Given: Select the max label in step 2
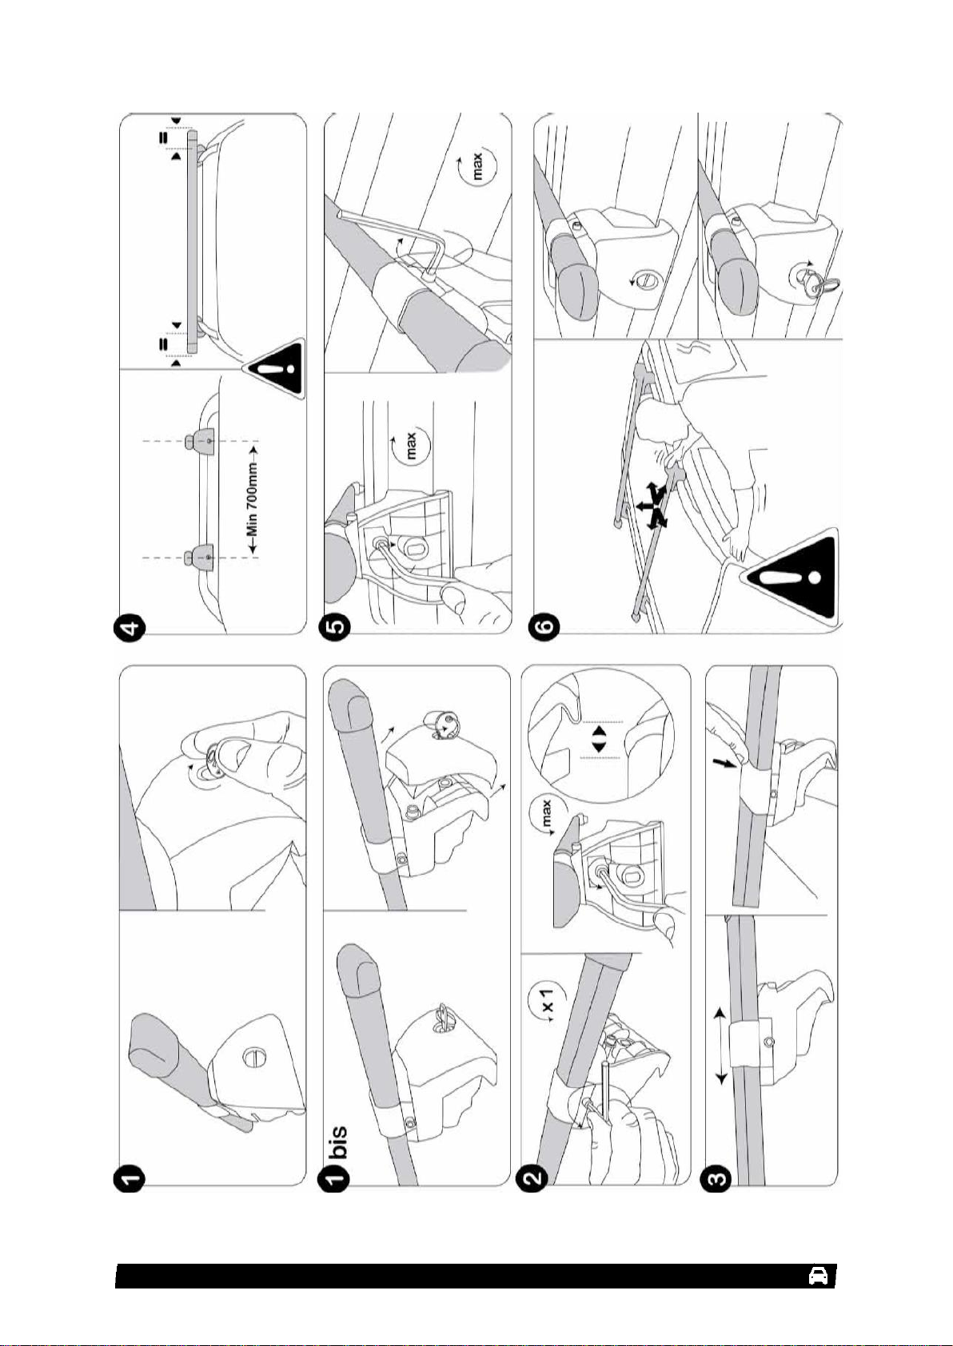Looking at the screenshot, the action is [548, 819].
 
